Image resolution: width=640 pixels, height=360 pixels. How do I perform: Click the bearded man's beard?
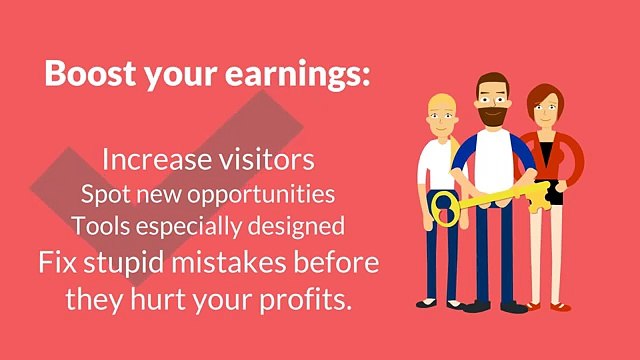489,117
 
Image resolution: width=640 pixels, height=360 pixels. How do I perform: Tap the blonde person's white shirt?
437,165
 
